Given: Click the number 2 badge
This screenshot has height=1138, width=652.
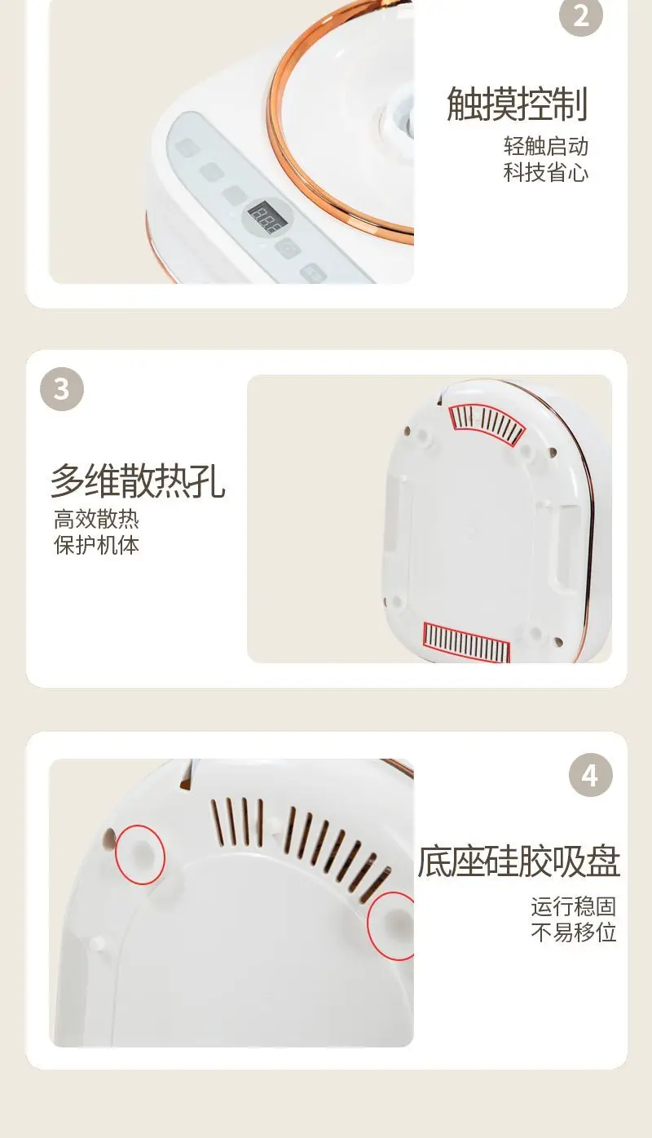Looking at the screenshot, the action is point(581,15).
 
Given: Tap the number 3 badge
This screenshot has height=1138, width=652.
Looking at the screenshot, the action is point(62,389).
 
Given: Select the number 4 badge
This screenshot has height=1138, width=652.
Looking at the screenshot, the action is point(591,775).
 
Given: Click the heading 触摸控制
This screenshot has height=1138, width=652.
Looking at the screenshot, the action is point(517,104).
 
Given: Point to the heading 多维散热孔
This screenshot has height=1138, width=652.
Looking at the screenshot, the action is point(138,480).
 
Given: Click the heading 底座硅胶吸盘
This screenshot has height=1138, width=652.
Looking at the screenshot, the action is point(518,861).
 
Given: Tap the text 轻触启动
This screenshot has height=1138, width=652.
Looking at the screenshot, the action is point(546,147).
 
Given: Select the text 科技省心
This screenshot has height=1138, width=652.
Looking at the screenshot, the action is point(546,173).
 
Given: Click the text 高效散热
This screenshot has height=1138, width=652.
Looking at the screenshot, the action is point(96,519).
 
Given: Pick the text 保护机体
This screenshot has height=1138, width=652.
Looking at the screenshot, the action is point(96,545).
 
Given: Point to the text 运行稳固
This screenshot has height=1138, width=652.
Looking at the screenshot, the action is point(574,906).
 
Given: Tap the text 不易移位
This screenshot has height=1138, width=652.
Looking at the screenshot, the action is point(574,932).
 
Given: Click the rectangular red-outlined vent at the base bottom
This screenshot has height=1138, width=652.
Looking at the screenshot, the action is point(466,642).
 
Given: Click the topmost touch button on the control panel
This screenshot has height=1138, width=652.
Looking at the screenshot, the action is point(186,148).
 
